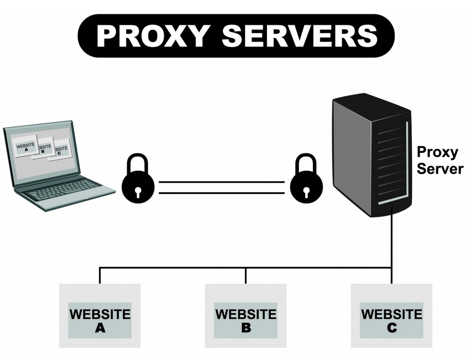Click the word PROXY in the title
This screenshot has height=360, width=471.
tap(151, 36)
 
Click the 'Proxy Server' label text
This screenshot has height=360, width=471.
tap(439, 160)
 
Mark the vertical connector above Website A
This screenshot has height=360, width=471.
tap(100, 275)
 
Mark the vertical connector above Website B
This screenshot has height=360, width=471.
tap(246, 275)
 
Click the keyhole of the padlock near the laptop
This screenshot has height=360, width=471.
tap(138, 191)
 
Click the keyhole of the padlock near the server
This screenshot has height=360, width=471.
tap(306, 191)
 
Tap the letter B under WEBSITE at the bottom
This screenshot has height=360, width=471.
tap(246, 327)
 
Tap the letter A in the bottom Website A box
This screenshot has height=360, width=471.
tap(100, 327)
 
